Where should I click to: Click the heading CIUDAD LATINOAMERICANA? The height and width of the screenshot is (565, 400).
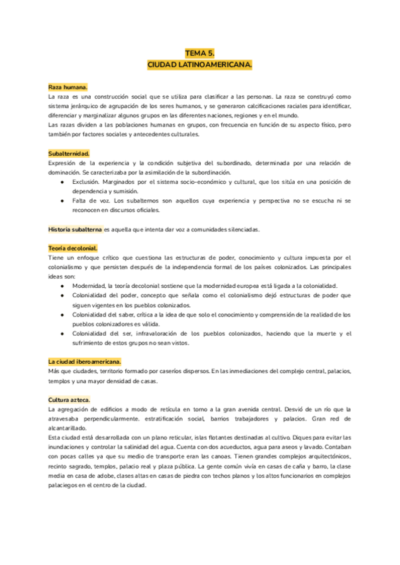coord(200,65)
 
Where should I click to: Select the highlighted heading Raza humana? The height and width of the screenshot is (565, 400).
coord(68,87)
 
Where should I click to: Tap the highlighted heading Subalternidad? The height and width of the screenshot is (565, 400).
coord(69,153)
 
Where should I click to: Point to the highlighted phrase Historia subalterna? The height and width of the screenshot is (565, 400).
coord(75,229)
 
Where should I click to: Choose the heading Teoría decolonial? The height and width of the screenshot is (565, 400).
coord(73,248)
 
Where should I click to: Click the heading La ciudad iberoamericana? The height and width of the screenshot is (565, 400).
coord(85,361)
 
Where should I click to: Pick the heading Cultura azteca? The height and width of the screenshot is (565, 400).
coord(70,399)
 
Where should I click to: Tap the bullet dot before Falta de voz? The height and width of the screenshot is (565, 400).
coord(62,201)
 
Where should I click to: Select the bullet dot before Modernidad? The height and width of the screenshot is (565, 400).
coord(62,285)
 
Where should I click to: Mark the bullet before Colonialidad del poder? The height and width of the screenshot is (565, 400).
coord(62,295)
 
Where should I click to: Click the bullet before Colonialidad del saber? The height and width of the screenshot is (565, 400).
coord(62,314)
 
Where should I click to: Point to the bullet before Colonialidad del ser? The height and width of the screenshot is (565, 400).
coord(62,333)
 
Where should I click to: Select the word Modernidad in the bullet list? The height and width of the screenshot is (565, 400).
coord(93,285)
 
